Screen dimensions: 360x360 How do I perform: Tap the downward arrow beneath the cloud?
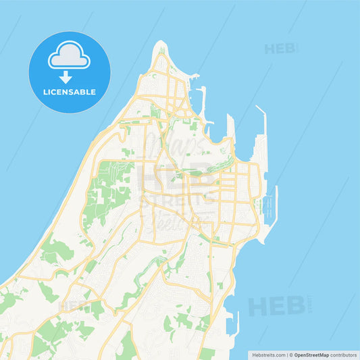point(66,77)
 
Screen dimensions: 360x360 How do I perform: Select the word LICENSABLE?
point(69,91)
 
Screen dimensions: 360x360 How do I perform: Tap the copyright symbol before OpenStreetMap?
point(291,355)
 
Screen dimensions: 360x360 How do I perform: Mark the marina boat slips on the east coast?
point(270,206)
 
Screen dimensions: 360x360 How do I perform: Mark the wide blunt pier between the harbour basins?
point(230,128)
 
